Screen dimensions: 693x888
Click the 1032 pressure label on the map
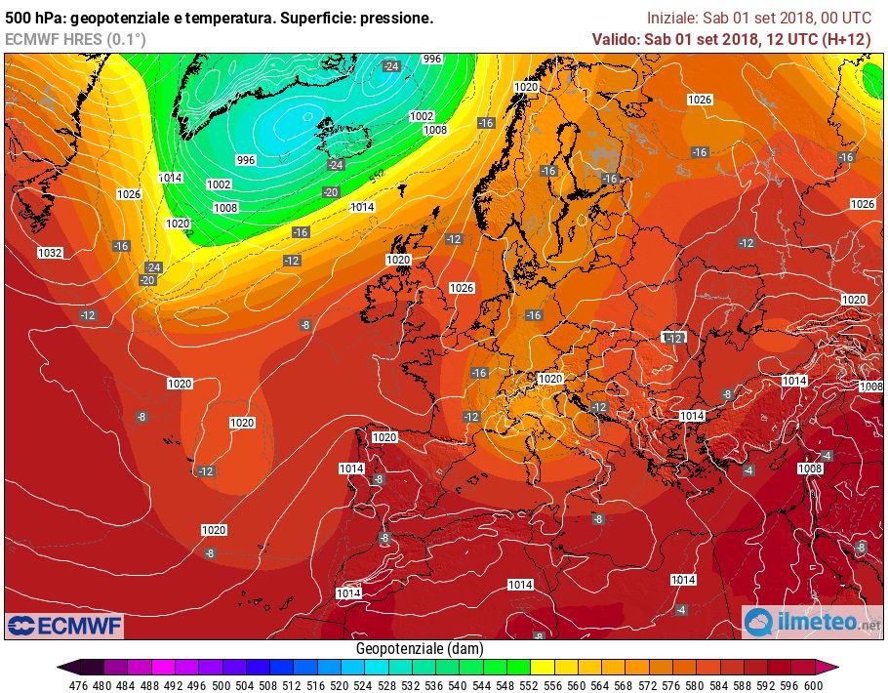point(50,253)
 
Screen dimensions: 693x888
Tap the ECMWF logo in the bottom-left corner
point(64,624)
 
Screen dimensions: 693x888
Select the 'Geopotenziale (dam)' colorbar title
point(420,648)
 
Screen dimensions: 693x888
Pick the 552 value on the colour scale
point(529,684)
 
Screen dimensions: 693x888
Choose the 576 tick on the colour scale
point(671,684)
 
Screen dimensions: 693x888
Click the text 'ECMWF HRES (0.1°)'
point(75,39)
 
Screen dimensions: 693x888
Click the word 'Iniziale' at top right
point(672,18)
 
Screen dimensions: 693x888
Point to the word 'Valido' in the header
point(615,39)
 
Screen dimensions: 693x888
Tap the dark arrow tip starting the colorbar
point(63,668)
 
